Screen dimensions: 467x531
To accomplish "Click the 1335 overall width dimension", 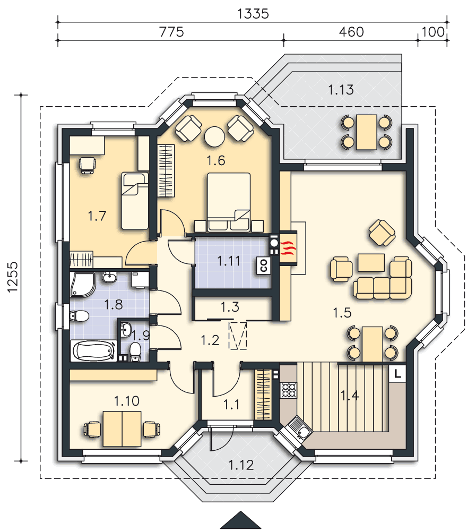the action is (253, 14).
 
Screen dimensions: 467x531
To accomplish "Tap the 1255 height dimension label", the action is (13, 277).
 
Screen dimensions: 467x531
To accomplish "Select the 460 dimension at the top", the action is (351, 32).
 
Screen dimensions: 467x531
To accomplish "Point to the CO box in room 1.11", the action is (264, 265).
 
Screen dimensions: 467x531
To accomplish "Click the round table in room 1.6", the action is (214, 136).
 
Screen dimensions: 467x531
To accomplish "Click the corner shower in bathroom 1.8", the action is (83, 285).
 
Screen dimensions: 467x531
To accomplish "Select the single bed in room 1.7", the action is (135, 201).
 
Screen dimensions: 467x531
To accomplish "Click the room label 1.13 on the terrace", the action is (341, 90).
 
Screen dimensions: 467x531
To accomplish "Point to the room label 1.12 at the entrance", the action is (241, 465).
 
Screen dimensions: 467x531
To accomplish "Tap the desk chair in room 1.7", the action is (87, 165).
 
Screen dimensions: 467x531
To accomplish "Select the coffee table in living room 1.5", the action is (371, 263).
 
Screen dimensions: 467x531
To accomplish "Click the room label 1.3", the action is (230, 307).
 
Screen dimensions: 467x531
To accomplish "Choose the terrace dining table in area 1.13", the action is (366, 132).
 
